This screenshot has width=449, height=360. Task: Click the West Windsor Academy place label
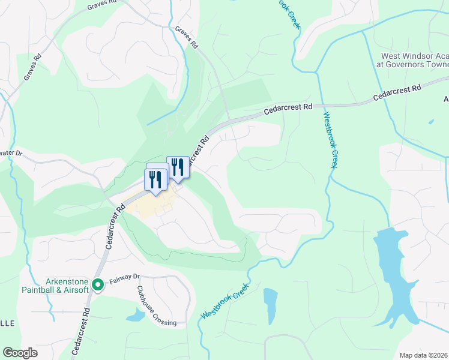pos(412,60)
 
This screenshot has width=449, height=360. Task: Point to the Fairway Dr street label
pos(124,279)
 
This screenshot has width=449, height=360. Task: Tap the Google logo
pos(20,353)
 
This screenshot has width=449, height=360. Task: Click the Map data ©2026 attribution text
pos(423,355)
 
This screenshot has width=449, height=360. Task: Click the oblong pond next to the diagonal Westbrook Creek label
pos(270,305)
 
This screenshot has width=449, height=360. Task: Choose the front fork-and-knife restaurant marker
pos(154,180)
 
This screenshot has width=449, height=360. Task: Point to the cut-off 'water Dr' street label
pos(10,153)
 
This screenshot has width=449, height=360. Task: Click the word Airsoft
pos(75,290)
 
